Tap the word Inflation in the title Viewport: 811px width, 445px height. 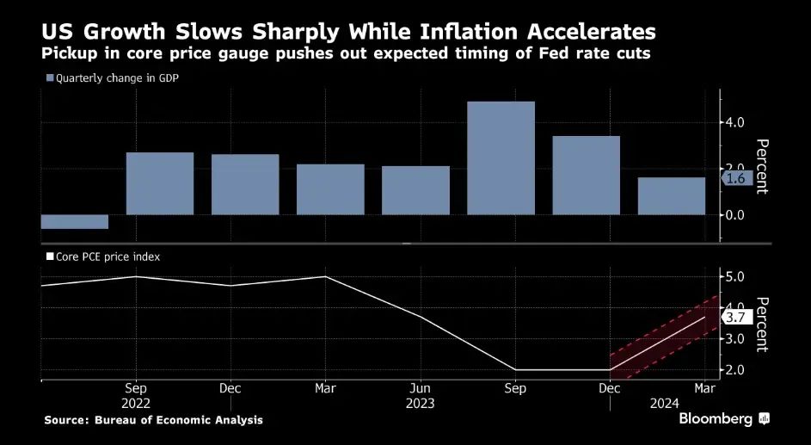pyautogui.click(x=445, y=32)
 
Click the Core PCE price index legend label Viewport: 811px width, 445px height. pyautogui.click(x=108, y=256)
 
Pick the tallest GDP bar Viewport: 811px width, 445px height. pyautogui.click(x=501, y=158)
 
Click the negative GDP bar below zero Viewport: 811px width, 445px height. pyautogui.click(x=75, y=222)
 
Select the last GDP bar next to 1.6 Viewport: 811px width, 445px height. pyautogui.click(x=671, y=195)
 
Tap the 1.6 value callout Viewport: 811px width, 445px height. pyautogui.click(x=736, y=178)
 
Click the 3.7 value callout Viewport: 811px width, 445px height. pyautogui.click(x=736, y=317)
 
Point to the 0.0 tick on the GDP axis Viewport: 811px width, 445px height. pyautogui.click(x=736, y=214)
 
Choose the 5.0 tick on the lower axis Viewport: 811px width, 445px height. pyautogui.click(x=736, y=276)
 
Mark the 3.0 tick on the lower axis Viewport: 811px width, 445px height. pyautogui.click(x=736, y=338)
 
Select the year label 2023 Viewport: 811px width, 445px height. pyautogui.click(x=421, y=403)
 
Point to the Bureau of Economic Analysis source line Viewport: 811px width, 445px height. pyautogui.click(x=154, y=420)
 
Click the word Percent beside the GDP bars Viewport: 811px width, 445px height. pyautogui.click(x=761, y=166)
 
